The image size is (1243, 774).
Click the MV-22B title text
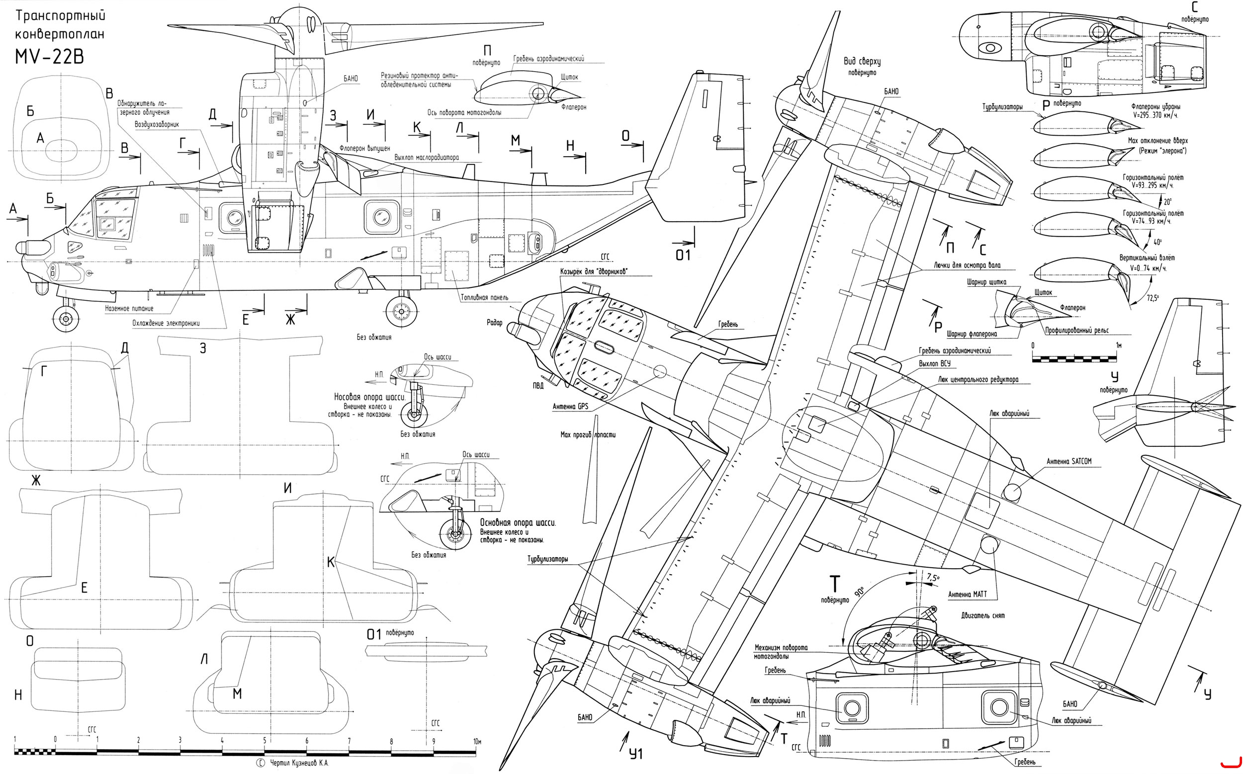[x=49, y=56]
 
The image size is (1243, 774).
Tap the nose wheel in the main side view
[x=66, y=319]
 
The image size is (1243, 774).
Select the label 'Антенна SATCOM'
[x=1068, y=461]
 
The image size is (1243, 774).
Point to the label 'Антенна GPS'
[x=570, y=407]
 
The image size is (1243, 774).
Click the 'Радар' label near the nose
[x=495, y=323]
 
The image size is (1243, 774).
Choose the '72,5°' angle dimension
[x=1153, y=297]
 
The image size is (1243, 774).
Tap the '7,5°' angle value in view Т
[x=933, y=578]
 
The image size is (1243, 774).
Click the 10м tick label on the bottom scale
[x=477, y=741]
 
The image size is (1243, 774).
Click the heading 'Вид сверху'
[x=862, y=62]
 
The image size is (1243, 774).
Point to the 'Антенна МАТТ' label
[x=967, y=595]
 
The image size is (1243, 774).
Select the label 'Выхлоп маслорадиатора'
[x=427, y=157]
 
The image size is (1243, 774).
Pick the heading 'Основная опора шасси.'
[x=518, y=522]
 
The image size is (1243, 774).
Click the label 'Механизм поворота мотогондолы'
[x=780, y=651]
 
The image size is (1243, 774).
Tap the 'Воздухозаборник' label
[x=157, y=124]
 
